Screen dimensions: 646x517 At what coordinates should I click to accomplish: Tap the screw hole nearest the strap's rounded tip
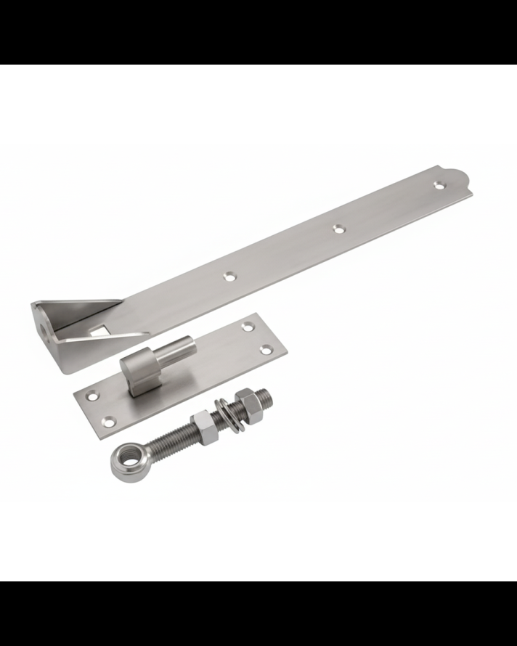pos(439,185)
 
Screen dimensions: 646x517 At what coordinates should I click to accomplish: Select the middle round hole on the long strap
pos(338,229)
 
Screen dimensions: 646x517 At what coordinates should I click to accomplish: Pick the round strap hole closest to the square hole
pos(230,276)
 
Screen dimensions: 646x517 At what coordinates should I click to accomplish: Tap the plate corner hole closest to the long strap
pos(251,327)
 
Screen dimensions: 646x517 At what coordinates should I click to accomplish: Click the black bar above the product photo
pos(258,32)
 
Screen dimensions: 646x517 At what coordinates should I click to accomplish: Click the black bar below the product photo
pos(258,613)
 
